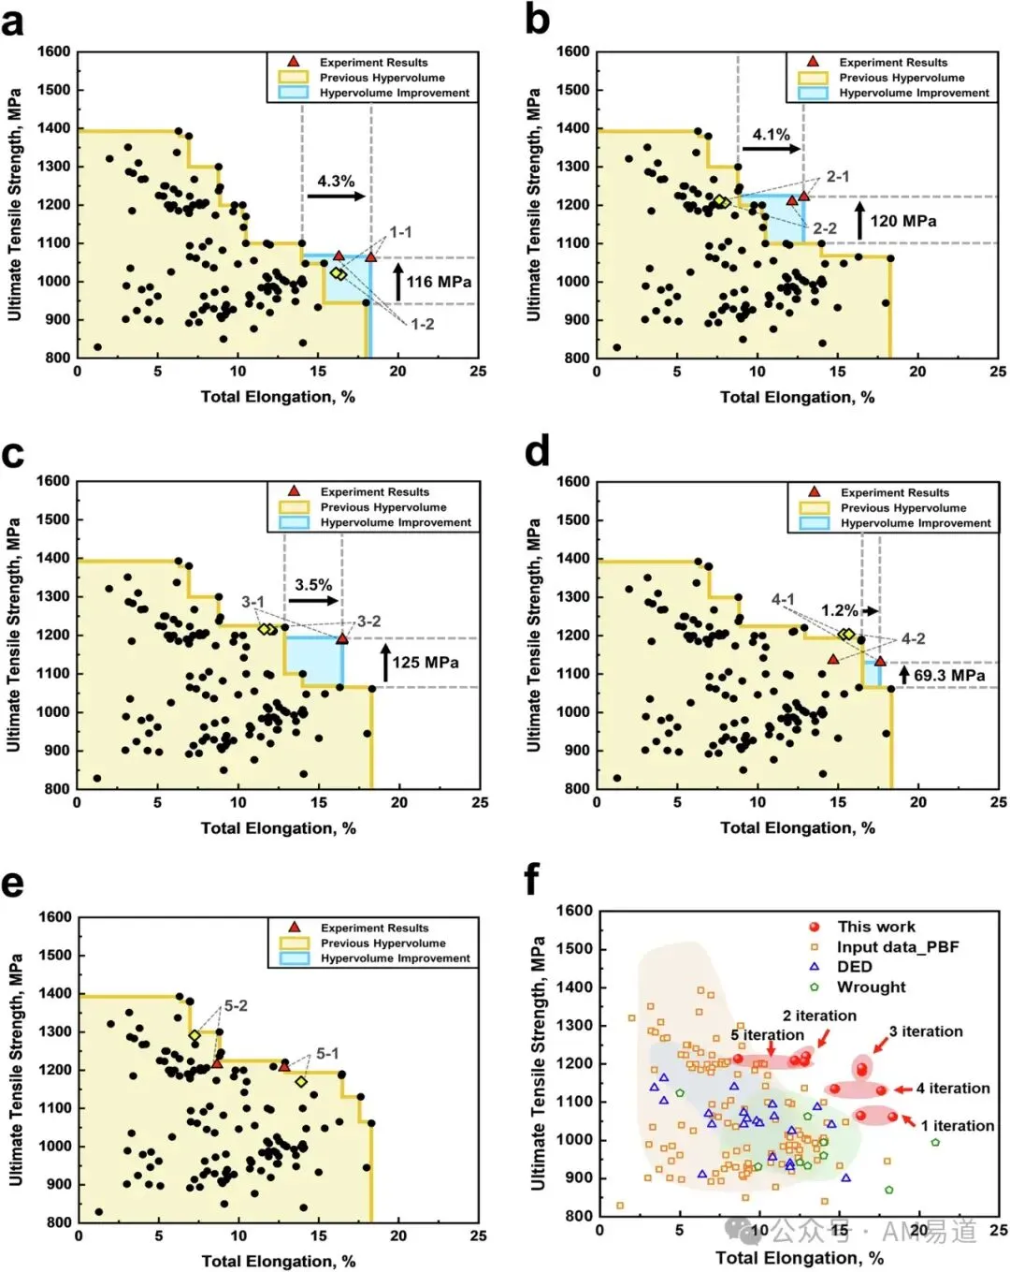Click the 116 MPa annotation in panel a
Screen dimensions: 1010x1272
pyautogui.click(x=439, y=282)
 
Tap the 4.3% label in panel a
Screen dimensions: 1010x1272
pyautogui.click(x=336, y=181)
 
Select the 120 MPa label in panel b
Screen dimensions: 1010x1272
pyautogui.click(x=903, y=221)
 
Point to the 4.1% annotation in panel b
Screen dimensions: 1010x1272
pyautogui.click(x=771, y=135)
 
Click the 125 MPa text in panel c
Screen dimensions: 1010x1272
pyautogui.click(x=426, y=663)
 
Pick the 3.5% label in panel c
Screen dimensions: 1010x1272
pyautogui.click(x=313, y=585)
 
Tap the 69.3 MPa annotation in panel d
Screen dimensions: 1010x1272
pyautogui.click(x=949, y=676)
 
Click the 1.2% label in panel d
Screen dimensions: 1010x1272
pyautogui.click(x=839, y=610)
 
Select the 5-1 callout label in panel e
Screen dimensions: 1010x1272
pyautogui.click(x=327, y=1053)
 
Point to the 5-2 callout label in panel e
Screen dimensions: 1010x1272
pyautogui.click(x=236, y=1006)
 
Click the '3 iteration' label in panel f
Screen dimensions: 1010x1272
pyautogui.click(x=926, y=1031)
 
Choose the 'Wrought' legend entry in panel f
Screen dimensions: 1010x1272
pyautogui.click(x=872, y=987)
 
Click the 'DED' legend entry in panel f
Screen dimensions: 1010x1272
pyautogui.click(x=855, y=967)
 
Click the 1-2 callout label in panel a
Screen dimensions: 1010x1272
pyautogui.click(x=423, y=324)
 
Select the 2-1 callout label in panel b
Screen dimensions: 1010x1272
pyautogui.click(x=838, y=176)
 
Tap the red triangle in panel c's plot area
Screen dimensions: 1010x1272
pyautogui.click(x=342, y=638)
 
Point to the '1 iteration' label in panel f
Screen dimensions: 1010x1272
pyautogui.click(x=958, y=1126)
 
